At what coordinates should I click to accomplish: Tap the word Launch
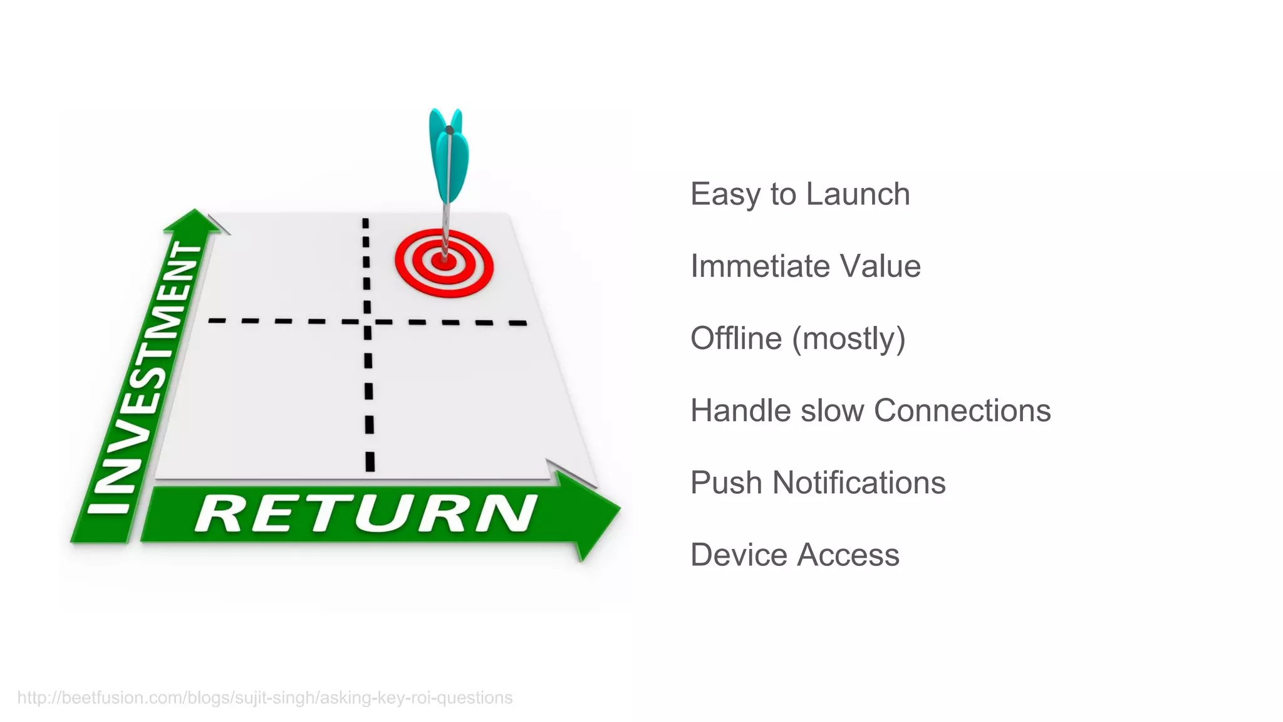[858, 194]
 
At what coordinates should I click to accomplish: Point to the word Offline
[736, 338]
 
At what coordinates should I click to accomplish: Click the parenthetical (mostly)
[849, 339]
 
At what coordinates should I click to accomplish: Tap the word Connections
[962, 411]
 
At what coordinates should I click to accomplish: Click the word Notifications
[859, 483]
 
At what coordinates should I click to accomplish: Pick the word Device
[737, 555]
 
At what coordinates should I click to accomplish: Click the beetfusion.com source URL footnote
[264, 698]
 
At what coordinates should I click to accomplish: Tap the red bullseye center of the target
[444, 262]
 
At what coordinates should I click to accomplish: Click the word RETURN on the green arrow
[366, 513]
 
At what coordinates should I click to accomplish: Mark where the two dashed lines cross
[367, 322]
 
